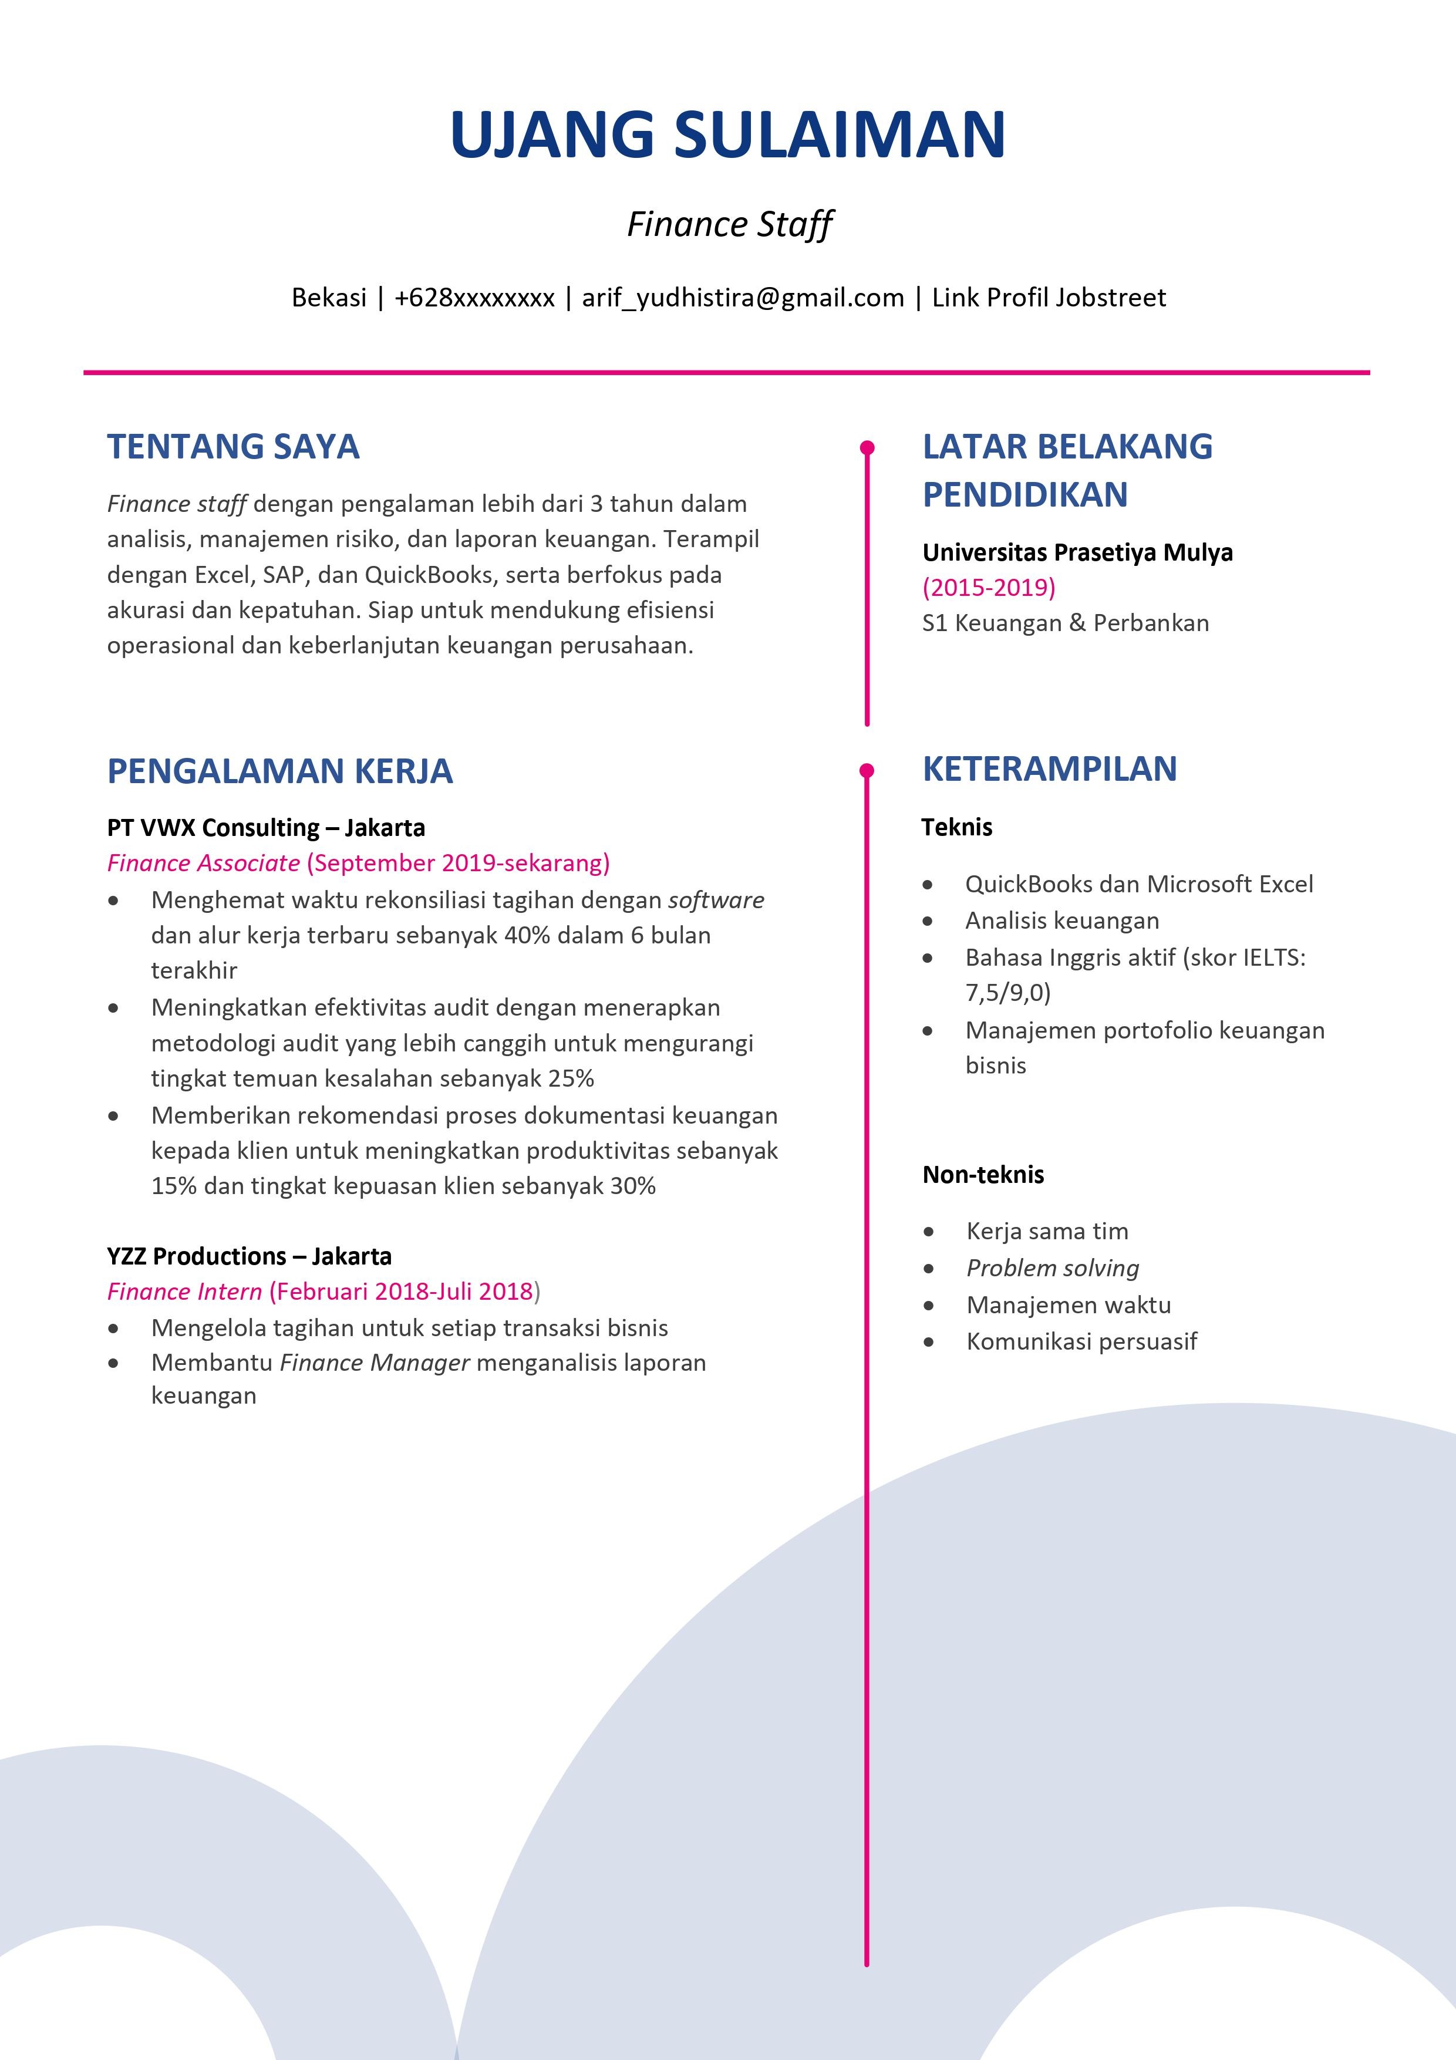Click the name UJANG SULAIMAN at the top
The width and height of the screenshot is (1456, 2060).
[x=727, y=134]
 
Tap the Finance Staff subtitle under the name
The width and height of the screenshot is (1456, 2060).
[x=729, y=224]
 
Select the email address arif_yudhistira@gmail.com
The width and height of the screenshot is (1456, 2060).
[x=743, y=298]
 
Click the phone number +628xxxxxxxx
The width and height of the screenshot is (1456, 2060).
[x=474, y=298]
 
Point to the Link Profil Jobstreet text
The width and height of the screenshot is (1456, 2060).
[x=1049, y=298]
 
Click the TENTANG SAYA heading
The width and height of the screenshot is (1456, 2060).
[x=233, y=447]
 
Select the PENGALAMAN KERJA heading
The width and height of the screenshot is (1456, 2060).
[x=280, y=771]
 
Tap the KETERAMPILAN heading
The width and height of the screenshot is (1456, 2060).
[x=1050, y=769]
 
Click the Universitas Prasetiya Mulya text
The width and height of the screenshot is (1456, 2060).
[x=1077, y=552]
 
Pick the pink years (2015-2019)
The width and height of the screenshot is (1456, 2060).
[x=989, y=588]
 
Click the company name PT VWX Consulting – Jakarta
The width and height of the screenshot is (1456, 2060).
[x=265, y=827]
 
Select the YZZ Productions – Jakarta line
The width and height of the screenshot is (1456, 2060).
[x=250, y=1256]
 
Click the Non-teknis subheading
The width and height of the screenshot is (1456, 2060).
[x=983, y=1175]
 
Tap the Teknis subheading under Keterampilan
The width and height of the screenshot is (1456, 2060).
[x=956, y=827]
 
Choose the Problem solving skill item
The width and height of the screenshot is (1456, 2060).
[x=1052, y=1268]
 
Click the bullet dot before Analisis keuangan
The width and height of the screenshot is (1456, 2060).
[x=928, y=922]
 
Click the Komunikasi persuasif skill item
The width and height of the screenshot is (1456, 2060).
[x=1081, y=1341]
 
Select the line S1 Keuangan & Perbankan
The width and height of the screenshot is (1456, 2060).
[x=1066, y=623]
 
